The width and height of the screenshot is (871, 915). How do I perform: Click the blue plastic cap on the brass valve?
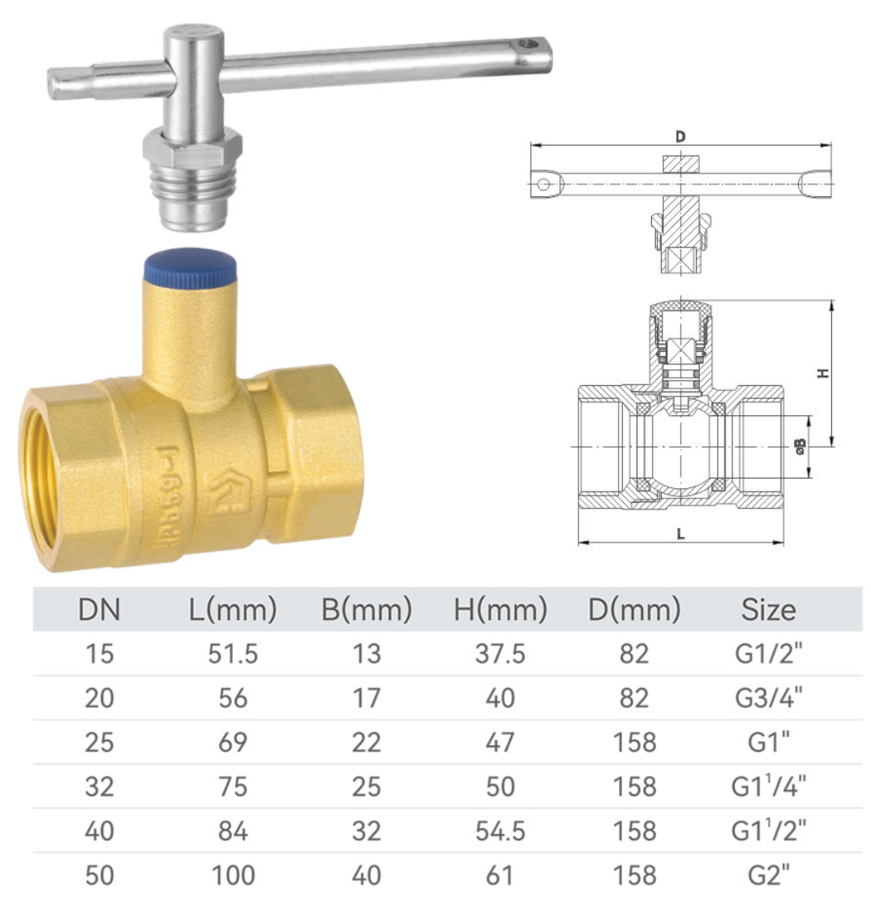tap(191, 268)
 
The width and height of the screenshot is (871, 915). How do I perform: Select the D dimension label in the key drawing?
tap(680, 136)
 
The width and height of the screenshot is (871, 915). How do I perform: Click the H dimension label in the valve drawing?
tap(823, 373)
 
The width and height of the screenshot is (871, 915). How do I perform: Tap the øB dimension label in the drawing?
tap(800, 446)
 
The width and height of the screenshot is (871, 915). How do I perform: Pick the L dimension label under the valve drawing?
tap(680, 534)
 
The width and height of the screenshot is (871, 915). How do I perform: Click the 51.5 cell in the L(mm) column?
tap(233, 654)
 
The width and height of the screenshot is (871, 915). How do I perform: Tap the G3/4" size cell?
tap(768, 698)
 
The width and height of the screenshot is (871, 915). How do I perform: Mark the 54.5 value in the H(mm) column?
tap(500, 831)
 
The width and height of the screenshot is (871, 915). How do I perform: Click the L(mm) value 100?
tap(233, 875)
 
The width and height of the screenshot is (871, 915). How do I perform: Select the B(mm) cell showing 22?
tap(366, 742)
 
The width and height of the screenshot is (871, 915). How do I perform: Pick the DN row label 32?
tap(99, 787)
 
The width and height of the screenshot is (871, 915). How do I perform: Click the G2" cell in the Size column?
tap(768, 875)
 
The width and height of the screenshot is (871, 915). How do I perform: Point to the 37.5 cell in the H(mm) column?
tap(500, 654)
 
